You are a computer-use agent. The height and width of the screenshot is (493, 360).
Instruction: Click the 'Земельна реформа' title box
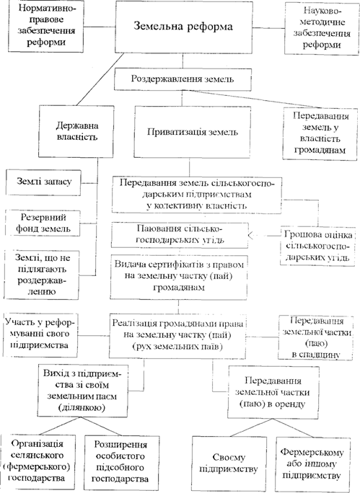(183, 27)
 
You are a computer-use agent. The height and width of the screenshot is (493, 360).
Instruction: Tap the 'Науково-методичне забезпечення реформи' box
(322, 28)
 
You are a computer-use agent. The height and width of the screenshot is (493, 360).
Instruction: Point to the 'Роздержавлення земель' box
(183, 79)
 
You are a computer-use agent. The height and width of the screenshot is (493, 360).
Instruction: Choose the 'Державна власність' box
(76, 131)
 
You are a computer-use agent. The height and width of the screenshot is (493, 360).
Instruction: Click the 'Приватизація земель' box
(193, 132)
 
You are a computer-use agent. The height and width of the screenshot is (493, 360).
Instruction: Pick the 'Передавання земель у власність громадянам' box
(320, 133)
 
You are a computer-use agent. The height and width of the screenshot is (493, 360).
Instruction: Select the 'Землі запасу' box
(43, 182)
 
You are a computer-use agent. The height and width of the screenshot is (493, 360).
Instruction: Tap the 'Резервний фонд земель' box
(43, 223)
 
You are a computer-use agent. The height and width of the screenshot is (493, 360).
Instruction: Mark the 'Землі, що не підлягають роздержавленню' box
(42, 275)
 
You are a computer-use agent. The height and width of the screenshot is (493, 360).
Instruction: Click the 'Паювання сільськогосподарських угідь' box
(180, 235)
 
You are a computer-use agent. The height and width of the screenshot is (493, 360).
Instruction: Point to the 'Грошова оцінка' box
(318, 246)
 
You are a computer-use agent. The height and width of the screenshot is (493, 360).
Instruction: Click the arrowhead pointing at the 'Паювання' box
(251, 236)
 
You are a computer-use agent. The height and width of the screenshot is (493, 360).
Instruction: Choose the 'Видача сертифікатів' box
(178, 276)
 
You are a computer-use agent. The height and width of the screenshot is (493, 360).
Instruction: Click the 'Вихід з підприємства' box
(82, 391)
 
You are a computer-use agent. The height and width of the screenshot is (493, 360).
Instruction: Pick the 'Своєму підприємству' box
(229, 463)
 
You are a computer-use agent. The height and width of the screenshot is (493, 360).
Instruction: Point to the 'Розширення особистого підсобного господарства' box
(120, 462)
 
